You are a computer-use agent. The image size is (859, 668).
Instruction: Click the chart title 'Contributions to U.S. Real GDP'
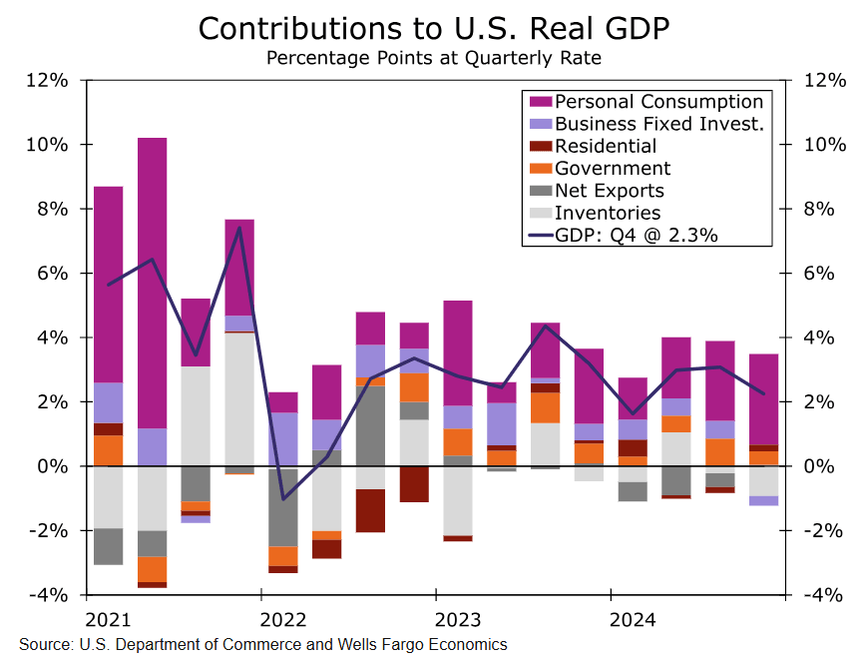433,28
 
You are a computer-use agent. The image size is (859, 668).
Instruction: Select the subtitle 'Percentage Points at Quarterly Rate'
433,57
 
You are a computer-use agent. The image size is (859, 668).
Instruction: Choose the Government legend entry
613,169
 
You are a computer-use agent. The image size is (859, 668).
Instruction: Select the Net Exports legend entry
609,191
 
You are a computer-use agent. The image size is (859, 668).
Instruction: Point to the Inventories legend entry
608,213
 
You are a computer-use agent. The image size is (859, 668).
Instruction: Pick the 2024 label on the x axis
634,619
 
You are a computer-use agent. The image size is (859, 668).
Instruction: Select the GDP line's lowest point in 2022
284,498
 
